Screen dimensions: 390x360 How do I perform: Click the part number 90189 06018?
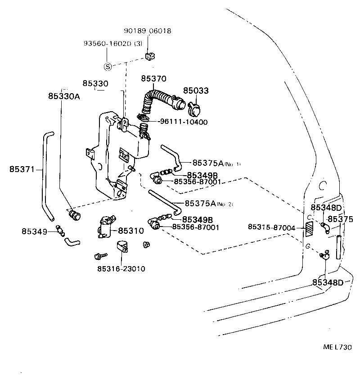click(147, 31)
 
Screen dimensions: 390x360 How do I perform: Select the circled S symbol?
click(108, 67)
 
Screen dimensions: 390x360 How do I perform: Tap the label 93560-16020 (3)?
click(112, 44)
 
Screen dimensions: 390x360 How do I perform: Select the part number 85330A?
click(64, 96)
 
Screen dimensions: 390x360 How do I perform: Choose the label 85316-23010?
click(121, 269)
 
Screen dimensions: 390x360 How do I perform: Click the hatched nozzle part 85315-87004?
click(309, 228)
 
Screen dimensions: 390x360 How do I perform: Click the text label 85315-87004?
click(271, 228)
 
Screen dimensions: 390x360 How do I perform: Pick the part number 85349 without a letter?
click(34, 231)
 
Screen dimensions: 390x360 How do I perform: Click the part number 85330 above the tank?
click(95, 84)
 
